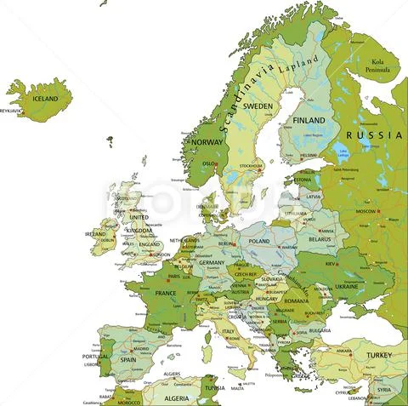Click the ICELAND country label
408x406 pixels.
45,99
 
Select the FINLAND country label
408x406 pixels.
309,121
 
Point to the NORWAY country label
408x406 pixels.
207,142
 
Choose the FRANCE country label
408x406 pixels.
165,294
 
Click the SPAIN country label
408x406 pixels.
127,359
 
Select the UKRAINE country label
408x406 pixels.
347,287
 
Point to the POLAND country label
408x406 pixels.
258,241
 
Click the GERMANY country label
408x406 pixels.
212,263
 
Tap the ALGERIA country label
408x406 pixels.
176,397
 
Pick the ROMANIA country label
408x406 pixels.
297,300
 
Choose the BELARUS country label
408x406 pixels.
320,240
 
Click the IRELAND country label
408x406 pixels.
94,233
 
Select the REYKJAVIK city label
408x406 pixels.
10,111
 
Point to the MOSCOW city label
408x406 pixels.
366,210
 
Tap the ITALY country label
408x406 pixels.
228,330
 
